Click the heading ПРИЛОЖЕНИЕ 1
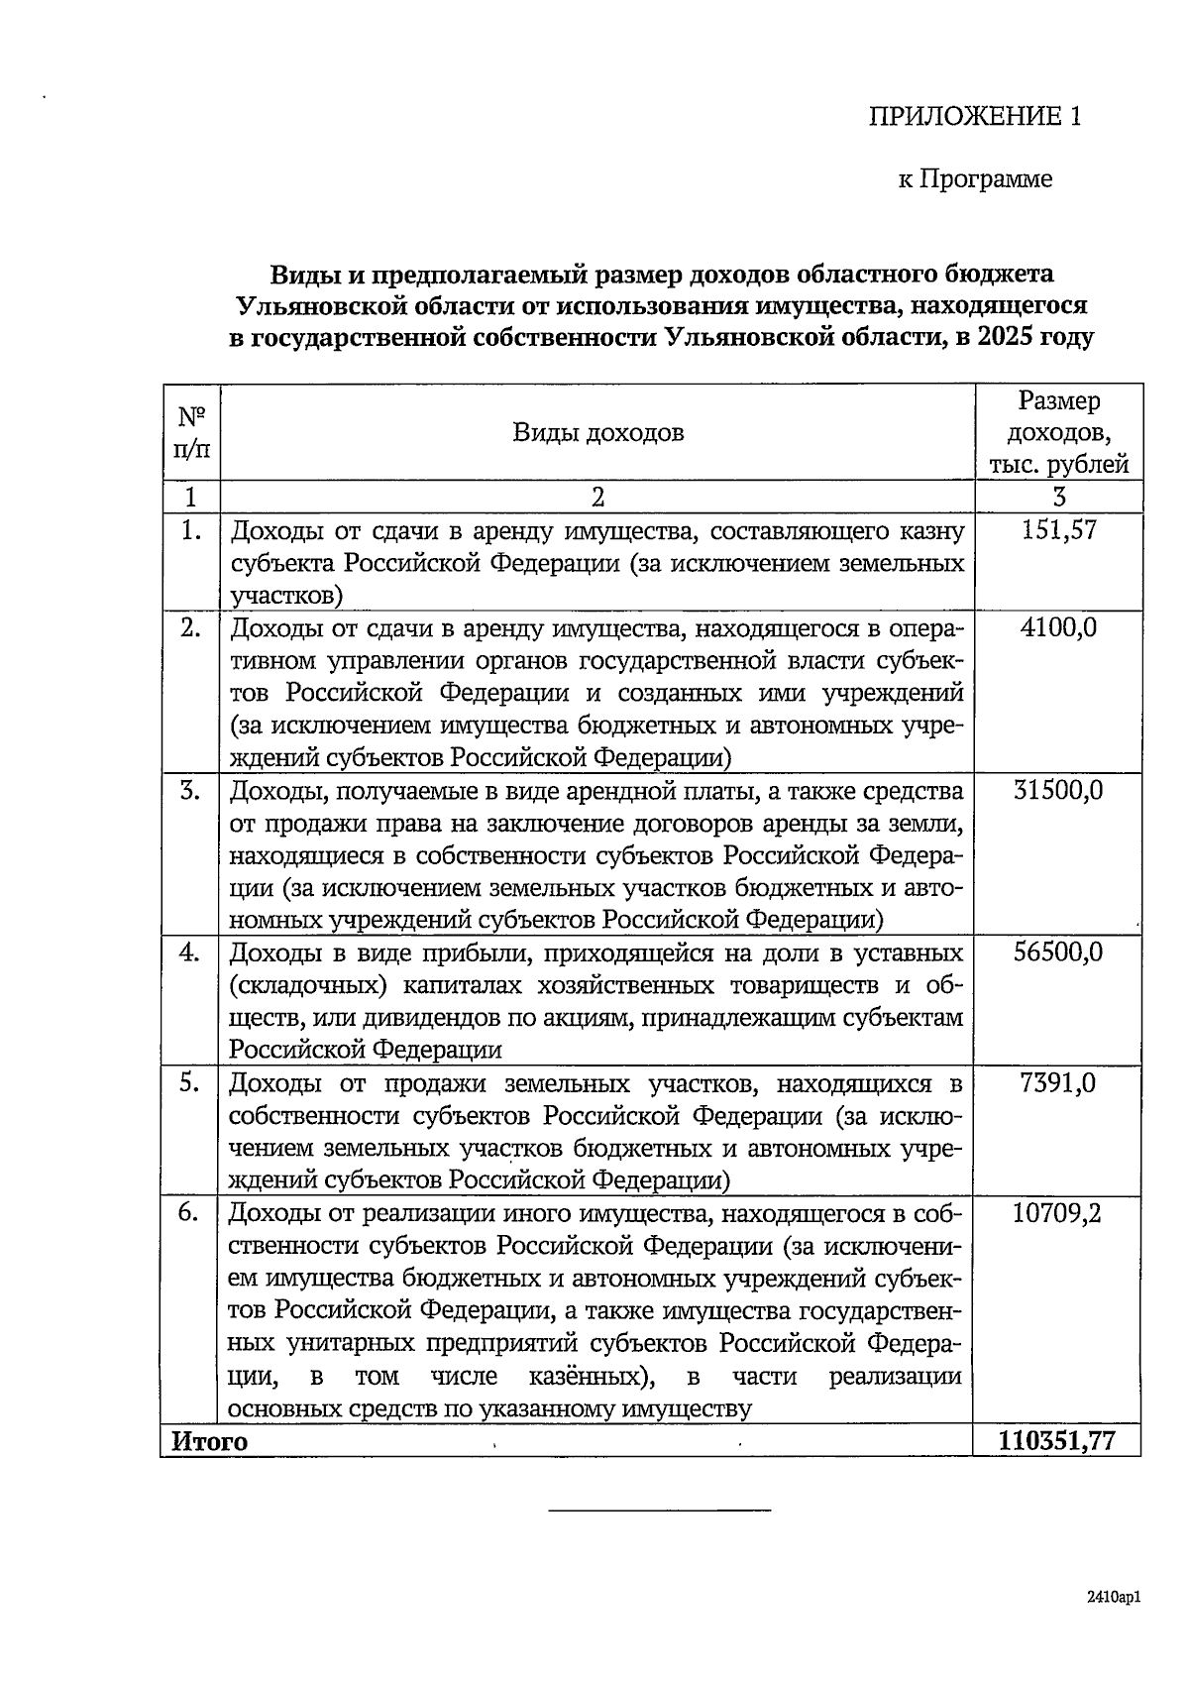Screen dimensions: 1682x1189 point(975,117)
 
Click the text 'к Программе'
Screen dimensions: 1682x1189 point(975,179)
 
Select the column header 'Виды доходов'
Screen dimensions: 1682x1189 point(597,432)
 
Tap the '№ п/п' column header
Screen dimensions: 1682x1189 point(190,432)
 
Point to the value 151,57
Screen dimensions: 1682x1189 point(1058,529)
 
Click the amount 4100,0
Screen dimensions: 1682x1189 point(1058,627)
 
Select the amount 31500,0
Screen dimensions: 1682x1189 point(1058,790)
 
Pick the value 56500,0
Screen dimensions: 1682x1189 point(1058,952)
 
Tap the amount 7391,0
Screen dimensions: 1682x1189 point(1058,1082)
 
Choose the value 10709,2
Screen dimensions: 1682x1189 point(1058,1213)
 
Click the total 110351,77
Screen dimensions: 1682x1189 point(1058,1440)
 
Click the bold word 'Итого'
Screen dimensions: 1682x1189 point(209,1441)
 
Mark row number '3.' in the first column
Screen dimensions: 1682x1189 point(190,790)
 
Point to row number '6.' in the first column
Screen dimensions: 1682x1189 point(190,1213)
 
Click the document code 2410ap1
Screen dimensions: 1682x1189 point(1114,1597)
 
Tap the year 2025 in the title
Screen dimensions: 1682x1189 point(1003,337)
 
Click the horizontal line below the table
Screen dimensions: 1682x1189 point(659,1510)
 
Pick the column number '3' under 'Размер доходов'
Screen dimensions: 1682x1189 point(1059,497)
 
